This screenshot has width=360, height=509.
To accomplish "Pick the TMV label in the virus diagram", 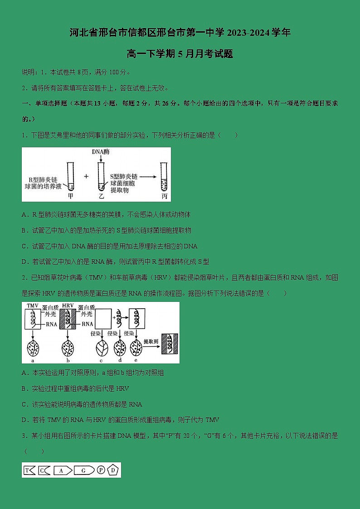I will point(33,306).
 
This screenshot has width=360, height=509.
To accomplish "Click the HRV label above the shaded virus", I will point(68,306).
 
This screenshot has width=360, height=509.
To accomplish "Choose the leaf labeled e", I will point(136,348).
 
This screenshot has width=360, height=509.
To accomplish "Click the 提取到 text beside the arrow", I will point(150,341).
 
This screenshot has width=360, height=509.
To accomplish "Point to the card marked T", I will point(29,470).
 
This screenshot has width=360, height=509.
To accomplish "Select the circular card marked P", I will point(101,470).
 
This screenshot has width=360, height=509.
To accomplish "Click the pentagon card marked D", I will point(113,470).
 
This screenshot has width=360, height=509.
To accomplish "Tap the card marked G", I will point(84,470).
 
